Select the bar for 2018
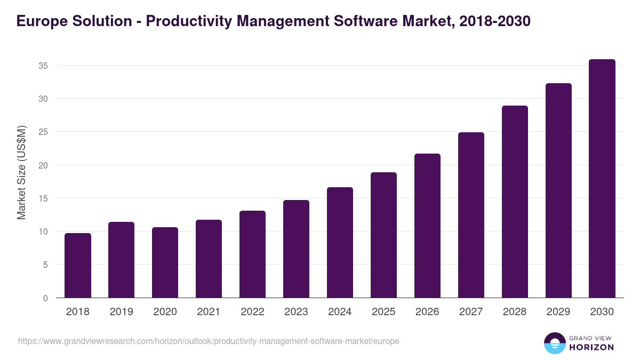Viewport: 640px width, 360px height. (x=78, y=266)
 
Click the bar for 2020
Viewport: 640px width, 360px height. (x=165, y=262)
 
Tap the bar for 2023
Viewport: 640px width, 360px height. (x=296, y=249)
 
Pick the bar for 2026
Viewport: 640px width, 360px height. (x=427, y=226)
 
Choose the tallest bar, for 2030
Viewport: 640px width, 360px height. (x=602, y=179)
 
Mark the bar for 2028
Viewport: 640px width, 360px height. (x=515, y=202)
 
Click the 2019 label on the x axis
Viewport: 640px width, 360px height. (x=122, y=312)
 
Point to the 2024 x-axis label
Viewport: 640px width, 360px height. (x=340, y=312)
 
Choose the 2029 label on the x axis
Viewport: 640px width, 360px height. (x=558, y=312)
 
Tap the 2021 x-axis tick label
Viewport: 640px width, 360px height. (x=209, y=312)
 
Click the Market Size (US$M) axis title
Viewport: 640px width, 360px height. (x=21, y=172)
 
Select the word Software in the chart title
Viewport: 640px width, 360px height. (x=356, y=21)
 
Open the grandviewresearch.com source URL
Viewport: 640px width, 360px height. (x=209, y=341)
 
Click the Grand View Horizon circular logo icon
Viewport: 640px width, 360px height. (x=554, y=343)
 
